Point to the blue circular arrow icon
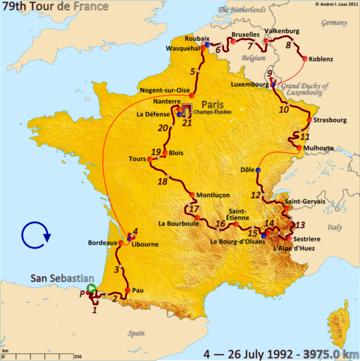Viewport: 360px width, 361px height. [x=35, y=235]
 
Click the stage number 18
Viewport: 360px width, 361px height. [x=162, y=181]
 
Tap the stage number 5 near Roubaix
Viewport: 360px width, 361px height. [x=193, y=72]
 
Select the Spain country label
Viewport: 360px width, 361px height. [x=136, y=332]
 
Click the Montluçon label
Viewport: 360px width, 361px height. [x=213, y=195]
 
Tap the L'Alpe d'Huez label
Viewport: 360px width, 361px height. [x=292, y=248]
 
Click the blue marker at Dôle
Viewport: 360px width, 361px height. [x=258, y=171]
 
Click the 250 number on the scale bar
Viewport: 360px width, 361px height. [x=77, y=356]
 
